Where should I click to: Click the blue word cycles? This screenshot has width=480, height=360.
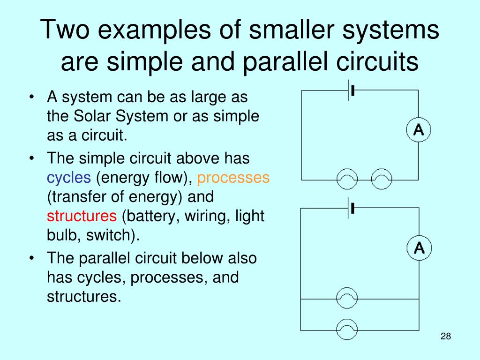69,178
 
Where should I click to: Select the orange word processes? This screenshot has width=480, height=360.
233,178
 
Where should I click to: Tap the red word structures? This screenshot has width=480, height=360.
82,216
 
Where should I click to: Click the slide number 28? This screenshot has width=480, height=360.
445,337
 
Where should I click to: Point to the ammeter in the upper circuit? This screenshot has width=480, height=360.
418,130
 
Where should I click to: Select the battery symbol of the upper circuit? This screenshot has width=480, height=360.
350,90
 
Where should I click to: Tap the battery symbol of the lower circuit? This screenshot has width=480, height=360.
350,209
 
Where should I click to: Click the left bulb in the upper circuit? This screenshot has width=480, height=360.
347,180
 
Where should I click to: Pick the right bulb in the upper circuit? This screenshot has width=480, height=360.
381,180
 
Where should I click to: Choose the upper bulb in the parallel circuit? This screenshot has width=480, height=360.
347,298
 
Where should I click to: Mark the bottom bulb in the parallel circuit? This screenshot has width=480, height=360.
347,330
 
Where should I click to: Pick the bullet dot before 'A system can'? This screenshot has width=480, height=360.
31,98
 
